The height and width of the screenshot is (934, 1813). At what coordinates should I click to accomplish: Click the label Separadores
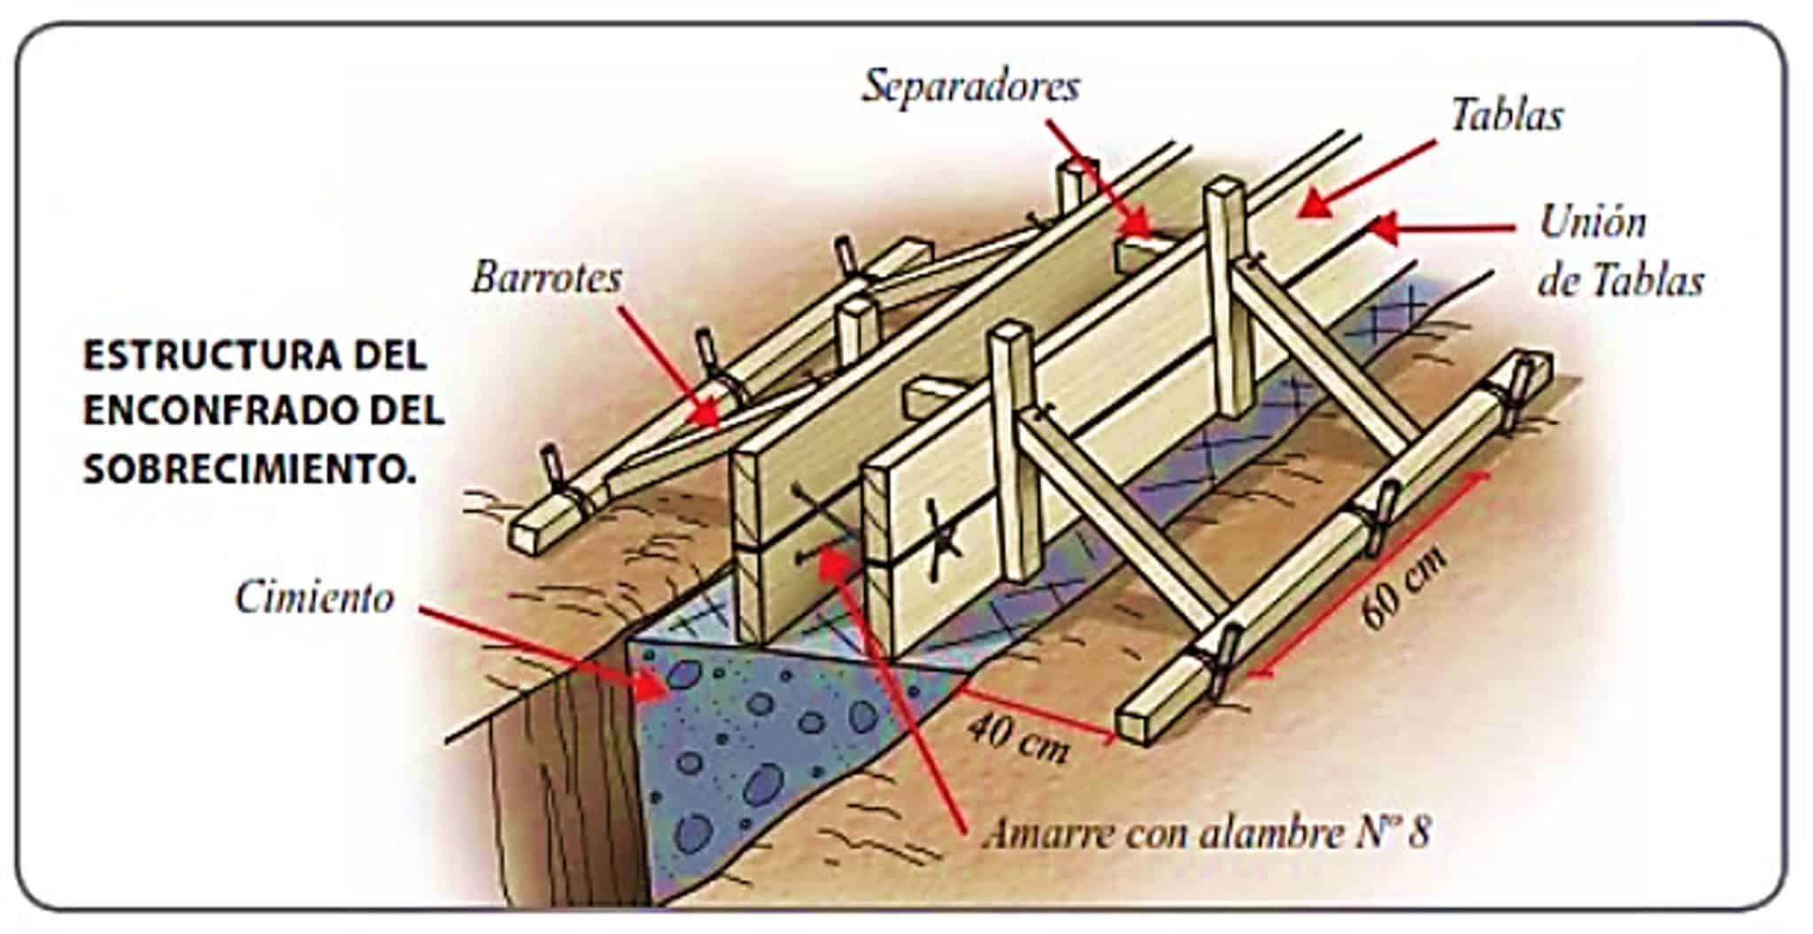[x=971, y=87]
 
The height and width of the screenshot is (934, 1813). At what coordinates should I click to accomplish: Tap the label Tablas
[x=1506, y=116]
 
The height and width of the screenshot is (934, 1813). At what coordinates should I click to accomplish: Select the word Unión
[x=1593, y=221]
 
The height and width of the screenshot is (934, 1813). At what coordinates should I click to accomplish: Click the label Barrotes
[x=546, y=278]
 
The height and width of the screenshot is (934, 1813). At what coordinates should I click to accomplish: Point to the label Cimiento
[x=314, y=598]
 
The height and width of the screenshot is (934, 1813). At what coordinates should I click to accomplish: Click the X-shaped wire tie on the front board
[x=940, y=539]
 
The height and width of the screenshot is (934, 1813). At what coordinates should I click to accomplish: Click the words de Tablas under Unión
[x=1620, y=282]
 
